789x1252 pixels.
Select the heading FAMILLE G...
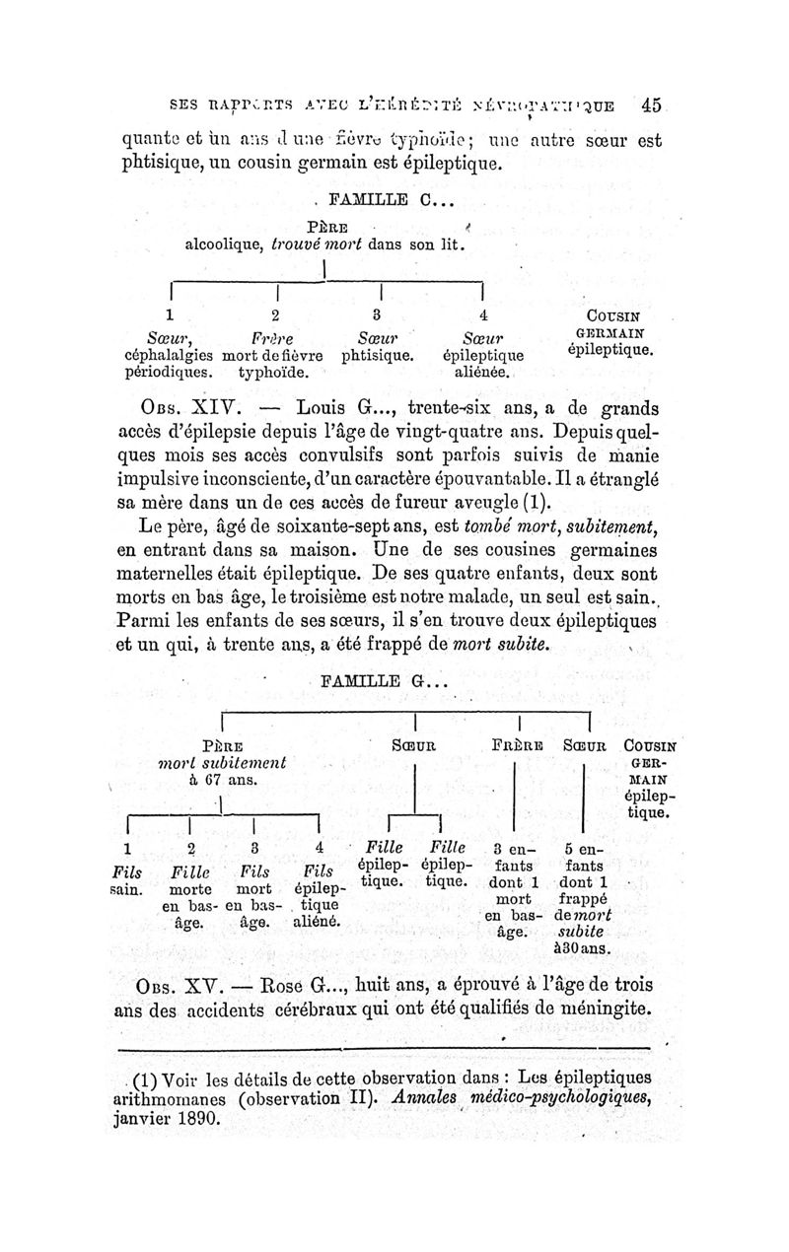(x=385, y=680)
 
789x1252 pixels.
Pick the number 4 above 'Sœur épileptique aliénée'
(x=482, y=315)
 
